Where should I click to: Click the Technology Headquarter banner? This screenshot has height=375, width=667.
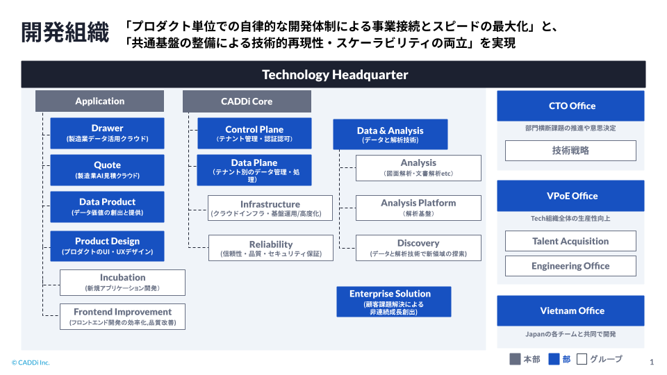[333, 74]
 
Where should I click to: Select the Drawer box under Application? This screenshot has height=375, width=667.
[107, 133]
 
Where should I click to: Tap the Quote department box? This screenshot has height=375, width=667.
[107, 170]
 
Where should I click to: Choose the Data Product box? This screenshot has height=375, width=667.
[107, 207]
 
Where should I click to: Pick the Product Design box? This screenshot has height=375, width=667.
[107, 246]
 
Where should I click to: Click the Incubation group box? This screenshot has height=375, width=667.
[122, 283]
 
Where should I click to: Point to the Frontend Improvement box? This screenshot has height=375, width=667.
[122, 317]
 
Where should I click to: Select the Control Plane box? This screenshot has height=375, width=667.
[254, 134]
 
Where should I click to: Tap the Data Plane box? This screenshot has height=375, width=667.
[254, 170]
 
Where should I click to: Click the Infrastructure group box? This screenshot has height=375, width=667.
[270, 208]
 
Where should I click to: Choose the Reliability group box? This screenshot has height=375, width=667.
[270, 249]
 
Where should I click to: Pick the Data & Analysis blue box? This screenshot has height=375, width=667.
[390, 135]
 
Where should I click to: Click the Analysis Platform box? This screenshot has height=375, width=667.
[418, 208]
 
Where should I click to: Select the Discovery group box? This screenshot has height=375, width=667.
[418, 248]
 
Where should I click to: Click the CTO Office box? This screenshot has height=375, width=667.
[570, 106]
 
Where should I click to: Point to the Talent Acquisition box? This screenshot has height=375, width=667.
[570, 242]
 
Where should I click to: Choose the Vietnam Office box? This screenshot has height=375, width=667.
[570, 310]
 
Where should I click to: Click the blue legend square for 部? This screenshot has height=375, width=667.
[554, 359]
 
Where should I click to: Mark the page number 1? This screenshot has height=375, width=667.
[651, 362]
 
